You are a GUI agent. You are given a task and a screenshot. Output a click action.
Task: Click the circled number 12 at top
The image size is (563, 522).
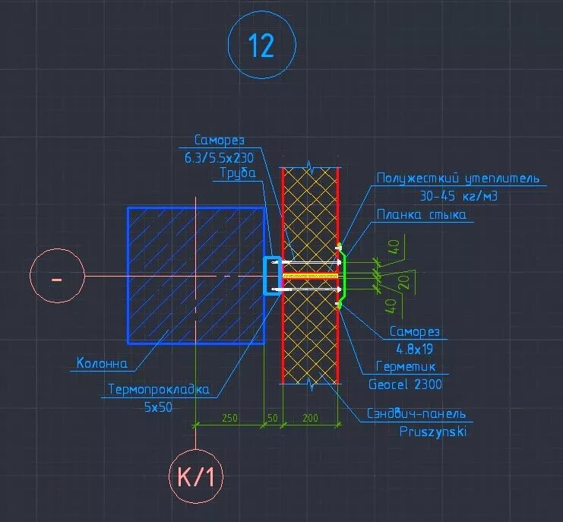[x=261, y=46]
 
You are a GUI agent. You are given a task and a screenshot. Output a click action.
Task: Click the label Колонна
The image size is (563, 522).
[x=103, y=363]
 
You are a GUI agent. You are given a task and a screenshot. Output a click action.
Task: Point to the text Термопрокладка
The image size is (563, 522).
[x=158, y=389]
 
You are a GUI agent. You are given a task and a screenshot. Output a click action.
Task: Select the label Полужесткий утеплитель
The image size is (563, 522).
[x=458, y=179]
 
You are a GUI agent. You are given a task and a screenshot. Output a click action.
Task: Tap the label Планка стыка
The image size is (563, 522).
[x=421, y=215]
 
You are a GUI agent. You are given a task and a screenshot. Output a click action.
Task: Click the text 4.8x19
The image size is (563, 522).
[x=414, y=349]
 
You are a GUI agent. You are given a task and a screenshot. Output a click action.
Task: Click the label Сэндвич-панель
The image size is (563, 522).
[x=416, y=415]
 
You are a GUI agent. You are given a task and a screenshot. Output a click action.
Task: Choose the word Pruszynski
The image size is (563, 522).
[x=433, y=432]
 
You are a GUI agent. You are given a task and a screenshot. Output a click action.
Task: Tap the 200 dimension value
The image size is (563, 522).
[x=311, y=419]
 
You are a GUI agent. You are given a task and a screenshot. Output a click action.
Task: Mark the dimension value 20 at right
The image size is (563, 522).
[x=403, y=282]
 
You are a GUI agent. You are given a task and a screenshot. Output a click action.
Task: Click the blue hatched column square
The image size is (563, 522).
[x=195, y=275]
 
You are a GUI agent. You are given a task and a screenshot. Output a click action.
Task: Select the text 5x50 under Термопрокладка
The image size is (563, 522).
[x=158, y=407]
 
